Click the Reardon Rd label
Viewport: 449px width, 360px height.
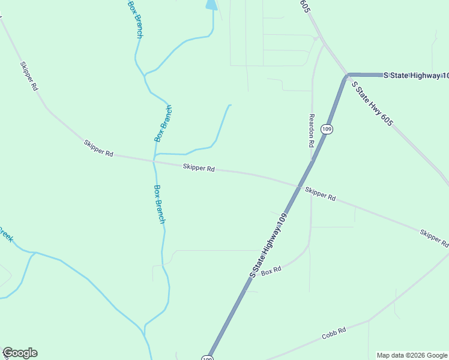coord(312,131)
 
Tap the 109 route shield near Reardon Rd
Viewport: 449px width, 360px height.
coord(326,129)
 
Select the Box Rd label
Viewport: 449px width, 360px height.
coord(271,271)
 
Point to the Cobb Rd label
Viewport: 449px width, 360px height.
coord(334,334)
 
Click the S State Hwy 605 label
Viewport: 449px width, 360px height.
coord(372,104)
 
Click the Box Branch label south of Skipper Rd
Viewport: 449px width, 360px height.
coord(159,204)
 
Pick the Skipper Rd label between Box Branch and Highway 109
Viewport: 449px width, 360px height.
coord(199,169)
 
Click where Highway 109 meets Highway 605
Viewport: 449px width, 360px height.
coord(348,76)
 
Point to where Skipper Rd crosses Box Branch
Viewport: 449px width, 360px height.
coord(154,160)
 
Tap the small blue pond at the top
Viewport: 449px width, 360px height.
coord(211,5)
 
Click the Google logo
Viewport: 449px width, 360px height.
coord(20,353)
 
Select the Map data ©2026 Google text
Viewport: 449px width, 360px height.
coord(412,355)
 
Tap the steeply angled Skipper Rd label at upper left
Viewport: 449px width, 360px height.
coord(29,76)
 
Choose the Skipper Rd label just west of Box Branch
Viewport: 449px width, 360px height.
coord(98,148)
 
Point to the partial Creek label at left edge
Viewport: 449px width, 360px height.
coord(5,234)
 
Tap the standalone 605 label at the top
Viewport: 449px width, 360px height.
coord(306,5)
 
